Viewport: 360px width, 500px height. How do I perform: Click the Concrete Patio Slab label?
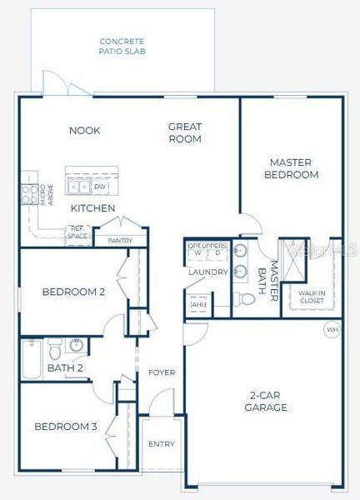pyautogui.click(x=122, y=46)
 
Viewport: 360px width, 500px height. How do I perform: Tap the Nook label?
pyautogui.click(x=85, y=130)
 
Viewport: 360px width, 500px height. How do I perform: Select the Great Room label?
pyautogui.click(x=185, y=133)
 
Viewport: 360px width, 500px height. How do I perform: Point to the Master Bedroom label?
pyautogui.click(x=291, y=168)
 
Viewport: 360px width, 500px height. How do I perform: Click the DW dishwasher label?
pyautogui.click(x=99, y=187)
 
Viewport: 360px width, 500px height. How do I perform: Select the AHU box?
pyautogui.click(x=198, y=305)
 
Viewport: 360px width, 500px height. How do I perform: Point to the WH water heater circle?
pyautogui.click(x=332, y=330)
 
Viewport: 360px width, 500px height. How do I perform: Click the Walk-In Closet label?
pyautogui.click(x=306, y=297)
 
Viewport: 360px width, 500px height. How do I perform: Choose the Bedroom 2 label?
pyautogui.click(x=73, y=292)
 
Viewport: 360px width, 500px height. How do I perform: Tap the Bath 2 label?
pyautogui.click(x=65, y=367)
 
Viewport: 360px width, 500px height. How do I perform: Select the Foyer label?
pyautogui.click(x=161, y=372)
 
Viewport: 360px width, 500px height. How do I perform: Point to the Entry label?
pyautogui.click(x=161, y=444)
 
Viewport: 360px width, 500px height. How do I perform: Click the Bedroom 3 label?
pyautogui.click(x=66, y=427)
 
